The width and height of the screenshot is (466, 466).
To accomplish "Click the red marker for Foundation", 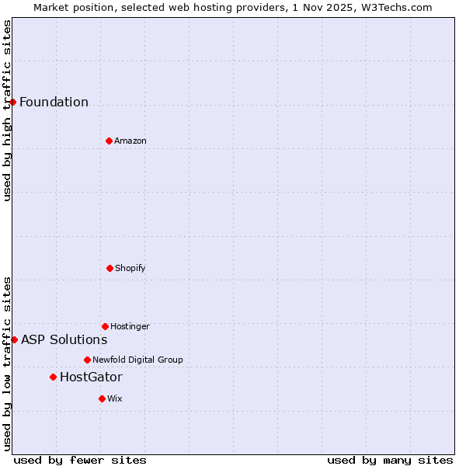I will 12,102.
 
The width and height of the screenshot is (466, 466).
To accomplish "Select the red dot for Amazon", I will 109,141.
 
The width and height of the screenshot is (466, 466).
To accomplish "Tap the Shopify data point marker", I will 110,268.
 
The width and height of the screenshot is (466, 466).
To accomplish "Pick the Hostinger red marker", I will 105,326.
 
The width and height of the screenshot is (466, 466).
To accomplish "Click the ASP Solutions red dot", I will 14,339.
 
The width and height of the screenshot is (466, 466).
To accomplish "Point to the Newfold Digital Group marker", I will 87,360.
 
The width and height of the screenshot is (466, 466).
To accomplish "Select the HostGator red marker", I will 53,377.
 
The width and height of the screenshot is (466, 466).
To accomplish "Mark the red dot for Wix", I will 102,398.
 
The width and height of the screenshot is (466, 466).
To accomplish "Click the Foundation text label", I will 54,103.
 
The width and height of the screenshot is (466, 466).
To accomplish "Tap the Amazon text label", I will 130,141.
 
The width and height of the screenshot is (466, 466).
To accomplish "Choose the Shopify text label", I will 130,269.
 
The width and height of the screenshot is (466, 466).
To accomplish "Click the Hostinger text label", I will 130,327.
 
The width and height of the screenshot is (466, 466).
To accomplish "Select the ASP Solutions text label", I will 64,340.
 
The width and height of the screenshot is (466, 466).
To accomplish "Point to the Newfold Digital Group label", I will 137,360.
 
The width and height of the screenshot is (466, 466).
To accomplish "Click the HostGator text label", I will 91,377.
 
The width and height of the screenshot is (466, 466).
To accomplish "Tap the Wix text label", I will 115,399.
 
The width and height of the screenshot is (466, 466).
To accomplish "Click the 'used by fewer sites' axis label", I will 80,460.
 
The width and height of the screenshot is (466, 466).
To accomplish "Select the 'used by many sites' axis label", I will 390,460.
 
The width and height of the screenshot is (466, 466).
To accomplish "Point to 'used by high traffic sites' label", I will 7,110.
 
